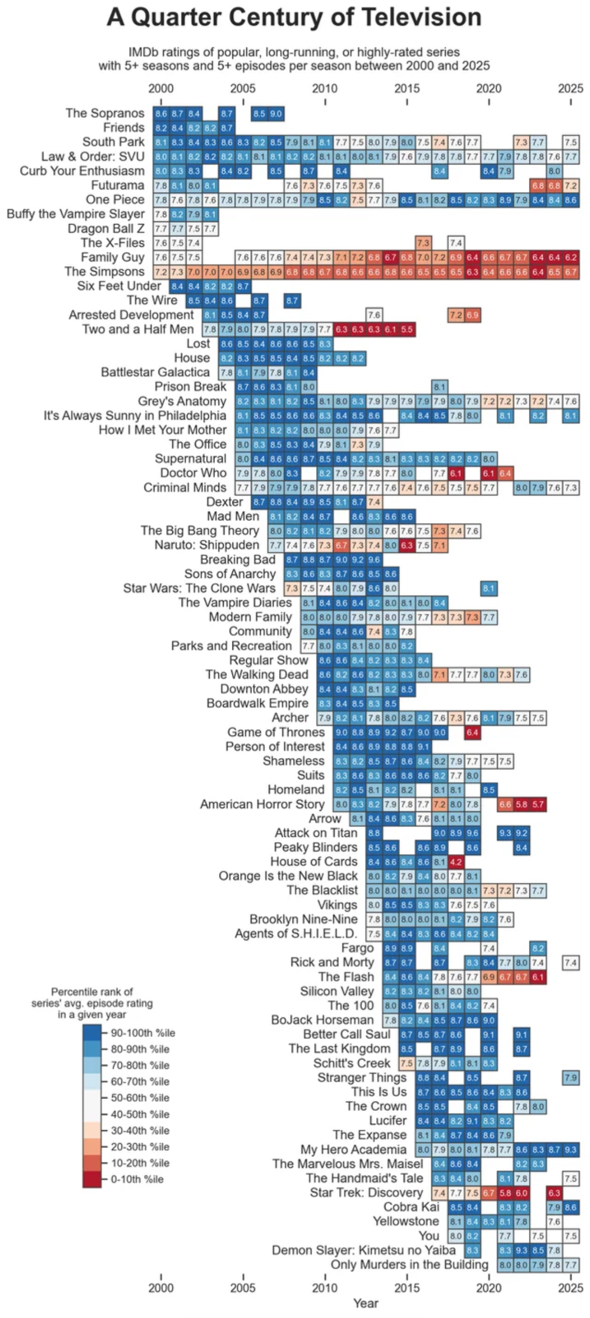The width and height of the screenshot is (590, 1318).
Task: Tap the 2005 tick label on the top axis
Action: [x=243, y=88]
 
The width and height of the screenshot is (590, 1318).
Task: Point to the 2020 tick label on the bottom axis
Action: [x=488, y=1287]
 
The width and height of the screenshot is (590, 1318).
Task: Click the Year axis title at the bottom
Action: [x=365, y=1303]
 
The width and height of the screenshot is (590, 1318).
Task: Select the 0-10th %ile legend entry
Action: [x=137, y=1179]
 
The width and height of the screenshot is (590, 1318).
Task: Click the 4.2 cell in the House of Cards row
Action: [x=456, y=862]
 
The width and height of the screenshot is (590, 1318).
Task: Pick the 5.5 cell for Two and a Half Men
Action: [x=407, y=329]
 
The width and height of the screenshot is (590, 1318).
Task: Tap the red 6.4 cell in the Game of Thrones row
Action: [x=473, y=732]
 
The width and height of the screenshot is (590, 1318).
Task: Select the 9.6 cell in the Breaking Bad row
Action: [x=374, y=559]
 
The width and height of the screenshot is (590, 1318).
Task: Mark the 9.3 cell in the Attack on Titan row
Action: [x=505, y=833]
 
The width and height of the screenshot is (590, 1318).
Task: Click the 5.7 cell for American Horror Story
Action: [x=538, y=804]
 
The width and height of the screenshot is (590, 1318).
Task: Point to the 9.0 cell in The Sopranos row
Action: [x=276, y=113]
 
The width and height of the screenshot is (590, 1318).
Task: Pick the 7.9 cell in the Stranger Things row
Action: [x=571, y=1078]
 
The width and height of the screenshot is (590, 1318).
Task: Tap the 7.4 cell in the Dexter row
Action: [x=374, y=502]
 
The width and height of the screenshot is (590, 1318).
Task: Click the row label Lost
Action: [x=198, y=343]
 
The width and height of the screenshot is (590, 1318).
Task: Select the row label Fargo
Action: [x=358, y=948]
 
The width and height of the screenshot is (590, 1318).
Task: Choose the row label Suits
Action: [x=310, y=775]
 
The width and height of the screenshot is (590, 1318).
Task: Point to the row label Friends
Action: [x=124, y=128]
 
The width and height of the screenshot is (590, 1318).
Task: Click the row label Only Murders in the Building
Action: [x=409, y=1265]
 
